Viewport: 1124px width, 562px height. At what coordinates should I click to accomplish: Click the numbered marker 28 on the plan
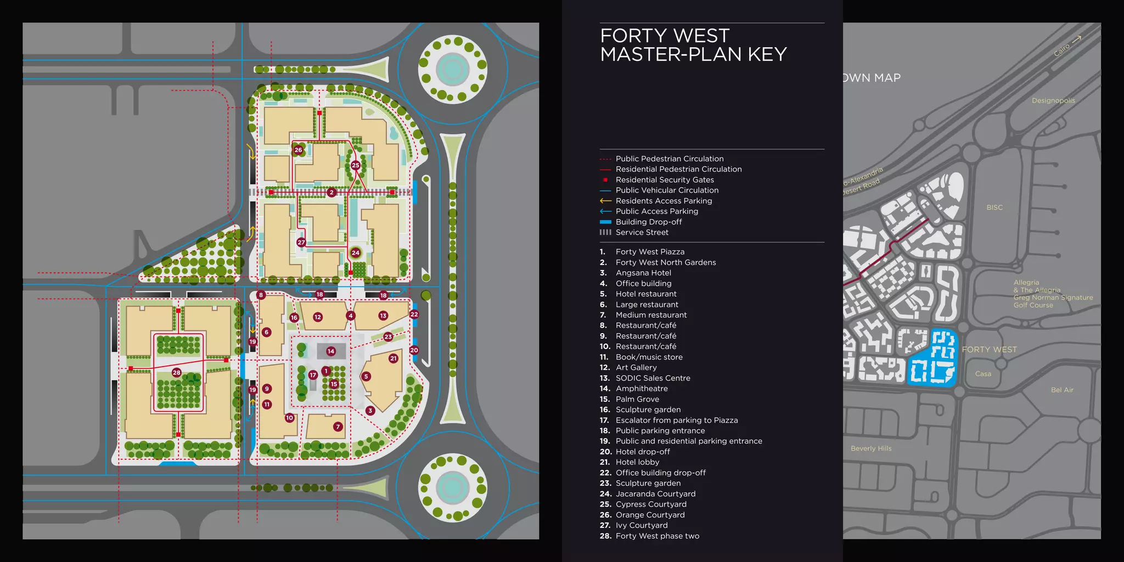(176, 373)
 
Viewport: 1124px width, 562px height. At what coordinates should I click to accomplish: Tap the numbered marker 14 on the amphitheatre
(330, 351)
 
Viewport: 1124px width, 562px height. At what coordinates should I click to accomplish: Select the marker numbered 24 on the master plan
(356, 253)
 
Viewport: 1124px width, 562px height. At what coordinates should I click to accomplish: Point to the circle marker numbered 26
(298, 150)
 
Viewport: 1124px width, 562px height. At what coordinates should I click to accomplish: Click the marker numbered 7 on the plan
(338, 426)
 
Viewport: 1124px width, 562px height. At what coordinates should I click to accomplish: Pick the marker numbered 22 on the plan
(414, 314)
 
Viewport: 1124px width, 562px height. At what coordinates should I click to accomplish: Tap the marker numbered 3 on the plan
(370, 411)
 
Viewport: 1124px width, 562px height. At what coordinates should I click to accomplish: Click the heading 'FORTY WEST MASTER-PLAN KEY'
(693, 45)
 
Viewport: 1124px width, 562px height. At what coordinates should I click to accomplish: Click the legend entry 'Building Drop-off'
(649, 222)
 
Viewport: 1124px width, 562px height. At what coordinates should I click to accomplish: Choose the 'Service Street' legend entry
(642, 233)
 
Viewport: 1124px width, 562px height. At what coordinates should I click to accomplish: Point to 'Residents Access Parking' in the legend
(664, 201)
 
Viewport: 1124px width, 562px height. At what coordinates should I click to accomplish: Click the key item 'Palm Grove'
(637, 400)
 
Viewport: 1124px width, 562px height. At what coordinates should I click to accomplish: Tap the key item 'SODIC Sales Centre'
(653, 378)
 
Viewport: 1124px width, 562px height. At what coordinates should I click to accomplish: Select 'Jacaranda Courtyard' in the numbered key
(655, 494)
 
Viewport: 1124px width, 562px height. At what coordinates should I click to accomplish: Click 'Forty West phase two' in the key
(657, 536)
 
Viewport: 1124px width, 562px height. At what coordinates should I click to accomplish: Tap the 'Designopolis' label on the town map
(1053, 101)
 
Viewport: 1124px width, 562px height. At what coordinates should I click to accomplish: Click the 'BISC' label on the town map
(994, 207)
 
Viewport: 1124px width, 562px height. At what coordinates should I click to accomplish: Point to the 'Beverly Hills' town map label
(871, 448)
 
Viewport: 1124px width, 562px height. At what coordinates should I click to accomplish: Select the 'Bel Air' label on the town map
(1062, 390)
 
